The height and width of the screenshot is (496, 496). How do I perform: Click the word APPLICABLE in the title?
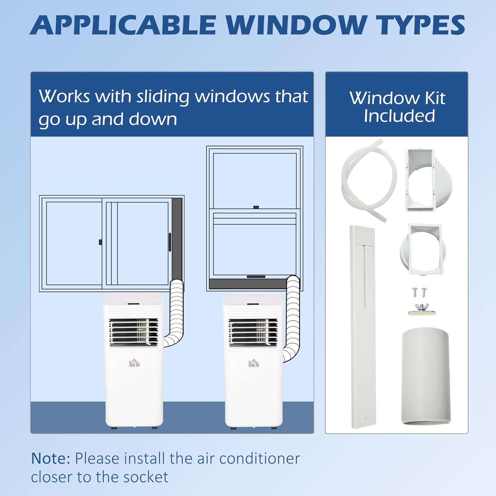click(123, 25)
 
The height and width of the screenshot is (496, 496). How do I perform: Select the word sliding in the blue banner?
click(163, 97)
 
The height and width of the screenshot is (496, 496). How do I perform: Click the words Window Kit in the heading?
click(397, 98)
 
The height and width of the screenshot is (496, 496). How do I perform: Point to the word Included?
click(399, 116)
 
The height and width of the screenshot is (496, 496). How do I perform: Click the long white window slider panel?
click(362, 327)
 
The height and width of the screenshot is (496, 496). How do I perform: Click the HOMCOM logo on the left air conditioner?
click(134, 363)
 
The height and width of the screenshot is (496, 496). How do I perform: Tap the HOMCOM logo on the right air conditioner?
click(254, 363)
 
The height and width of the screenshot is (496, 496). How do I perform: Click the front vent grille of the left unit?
click(134, 332)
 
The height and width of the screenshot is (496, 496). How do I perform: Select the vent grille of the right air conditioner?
click(253, 332)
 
